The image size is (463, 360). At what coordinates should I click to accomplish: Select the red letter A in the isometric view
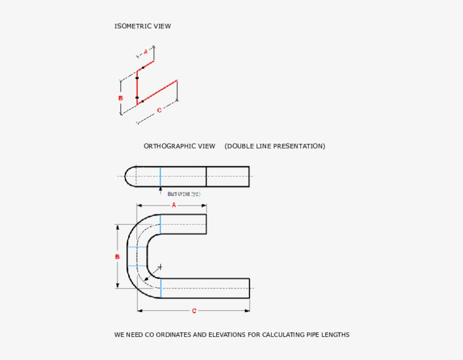[x=145, y=51]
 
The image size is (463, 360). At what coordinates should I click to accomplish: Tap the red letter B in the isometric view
[x=120, y=98]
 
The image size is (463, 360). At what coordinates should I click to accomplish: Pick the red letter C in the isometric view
[x=159, y=110]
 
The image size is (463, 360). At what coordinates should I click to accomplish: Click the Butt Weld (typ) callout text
[x=184, y=194]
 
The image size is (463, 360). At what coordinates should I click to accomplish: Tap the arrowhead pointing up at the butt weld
[x=160, y=188]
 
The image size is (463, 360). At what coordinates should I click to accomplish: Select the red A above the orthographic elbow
[x=174, y=205]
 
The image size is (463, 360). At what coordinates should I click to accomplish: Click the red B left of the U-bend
[x=117, y=257]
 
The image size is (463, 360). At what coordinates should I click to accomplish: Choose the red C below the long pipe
[x=194, y=311]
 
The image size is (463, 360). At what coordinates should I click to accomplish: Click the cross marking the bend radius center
[x=160, y=266]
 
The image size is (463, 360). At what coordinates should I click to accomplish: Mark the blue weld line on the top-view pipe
[x=160, y=176]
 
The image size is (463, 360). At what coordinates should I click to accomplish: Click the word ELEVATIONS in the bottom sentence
[x=226, y=335]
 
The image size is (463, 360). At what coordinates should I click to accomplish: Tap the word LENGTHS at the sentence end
[x=336, y=335]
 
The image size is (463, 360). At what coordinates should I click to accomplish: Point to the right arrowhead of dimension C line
[x=247, y=310]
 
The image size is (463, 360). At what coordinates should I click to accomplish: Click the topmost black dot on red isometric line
[x=143, y=68]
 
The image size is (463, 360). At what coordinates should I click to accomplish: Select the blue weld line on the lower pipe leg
[x=160, y=288]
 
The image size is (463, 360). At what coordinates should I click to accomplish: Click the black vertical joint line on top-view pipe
[x=206, y=176]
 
